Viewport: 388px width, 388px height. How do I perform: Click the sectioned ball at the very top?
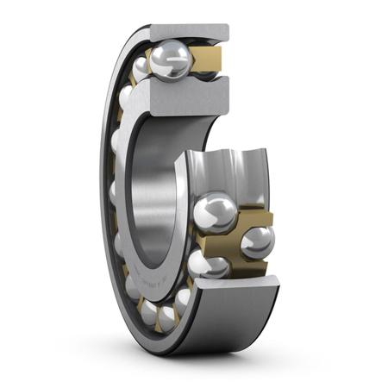click(172, 61)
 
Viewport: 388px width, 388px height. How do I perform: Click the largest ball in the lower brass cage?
click(215, 215)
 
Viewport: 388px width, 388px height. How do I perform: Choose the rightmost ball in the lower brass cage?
click(257, 241)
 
